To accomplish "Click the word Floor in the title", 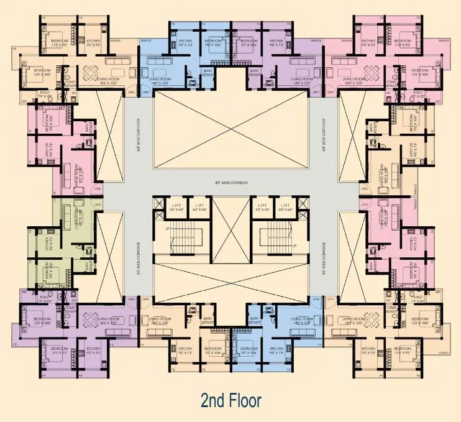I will click(x=244, y=400).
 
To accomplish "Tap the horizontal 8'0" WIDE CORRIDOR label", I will click(x=230, y=182).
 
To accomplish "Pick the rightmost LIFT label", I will click(x=286, y=205).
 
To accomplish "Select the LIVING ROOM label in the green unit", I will click(x=79, y=218).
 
